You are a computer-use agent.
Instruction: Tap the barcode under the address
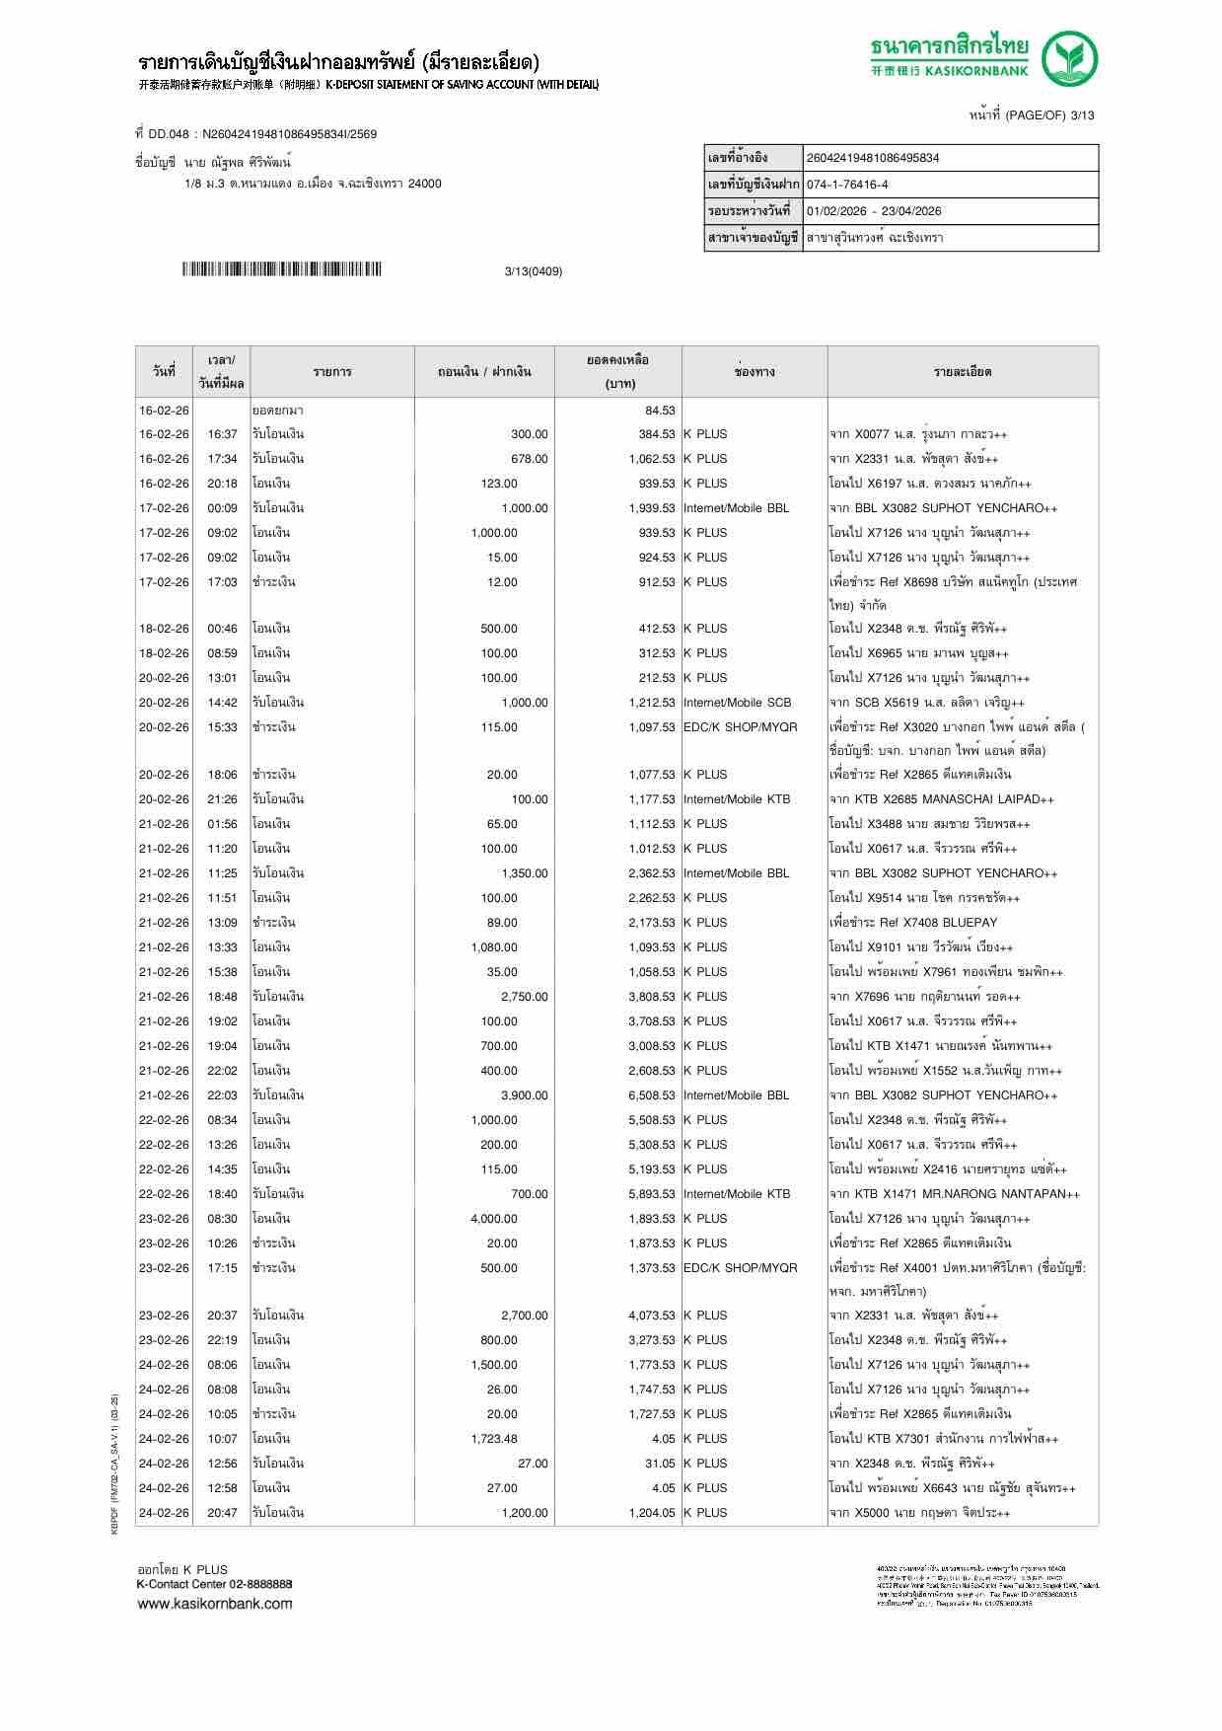coord(281,269)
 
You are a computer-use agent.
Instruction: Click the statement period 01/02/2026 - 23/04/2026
coord(874,211)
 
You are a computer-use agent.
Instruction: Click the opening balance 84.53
coord(660,410)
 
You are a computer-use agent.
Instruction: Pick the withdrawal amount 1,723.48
coord(494,1439)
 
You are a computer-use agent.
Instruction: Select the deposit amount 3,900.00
coord(524,1095)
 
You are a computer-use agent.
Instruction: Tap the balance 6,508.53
coord(652,1095)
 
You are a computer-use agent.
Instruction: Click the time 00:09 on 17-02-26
coord(222,508)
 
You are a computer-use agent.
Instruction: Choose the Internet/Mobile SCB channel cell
coord(738,703)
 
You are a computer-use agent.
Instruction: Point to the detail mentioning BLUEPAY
coord(913,923)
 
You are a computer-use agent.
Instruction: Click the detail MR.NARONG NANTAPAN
coord(954,1194)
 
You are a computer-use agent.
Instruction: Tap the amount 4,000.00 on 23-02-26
coord(494,1219)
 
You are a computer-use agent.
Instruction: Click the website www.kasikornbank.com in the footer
coord(215,1603)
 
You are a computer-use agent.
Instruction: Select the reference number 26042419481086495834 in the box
coord(873,158)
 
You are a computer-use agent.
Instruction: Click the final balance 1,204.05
coord(652,1513)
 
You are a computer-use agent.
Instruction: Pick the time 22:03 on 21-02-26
coord(222,1095)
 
